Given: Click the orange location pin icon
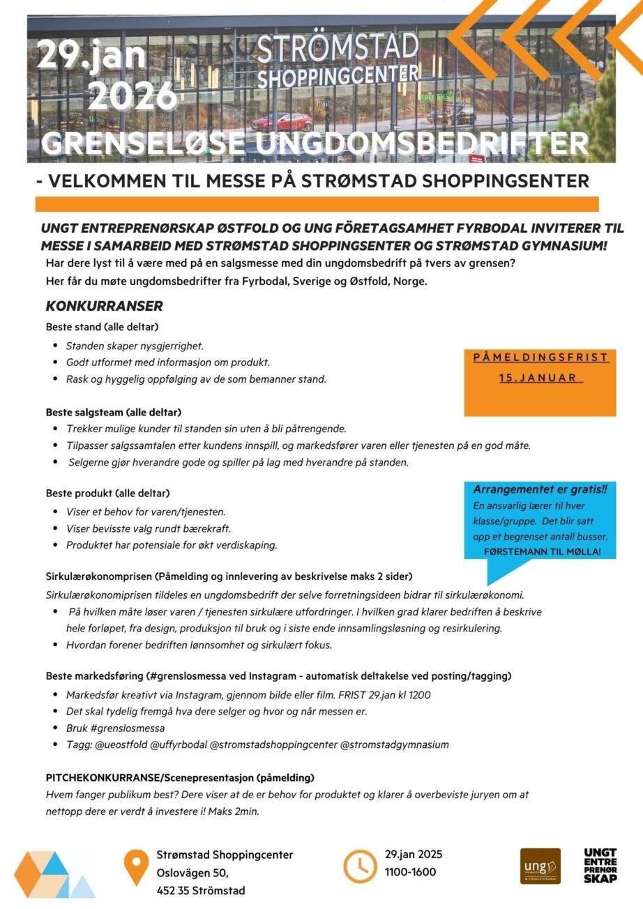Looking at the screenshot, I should click(x=135, y=867).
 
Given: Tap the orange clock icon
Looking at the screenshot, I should click(x=360, y=866).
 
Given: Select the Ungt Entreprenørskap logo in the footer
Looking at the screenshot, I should click(x=600, y=866).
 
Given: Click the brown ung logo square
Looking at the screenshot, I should click(x=540, y=866).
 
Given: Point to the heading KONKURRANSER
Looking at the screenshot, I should click(x=104, y=306).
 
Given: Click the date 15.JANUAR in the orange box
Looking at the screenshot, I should click(x=540, y=378).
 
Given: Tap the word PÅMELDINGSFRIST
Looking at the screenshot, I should click(x=540, y=358).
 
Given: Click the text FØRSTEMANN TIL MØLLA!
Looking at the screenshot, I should click(x=542, y=552).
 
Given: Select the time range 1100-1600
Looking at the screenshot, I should click(x=410, y=871).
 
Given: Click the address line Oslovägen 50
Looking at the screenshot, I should click(x=192, y=872).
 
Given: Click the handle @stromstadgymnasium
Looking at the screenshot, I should click(x=394, y=744).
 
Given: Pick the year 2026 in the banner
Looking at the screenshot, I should click(x=133, y=96).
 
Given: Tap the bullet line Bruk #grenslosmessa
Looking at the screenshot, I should click(x=115, y=728).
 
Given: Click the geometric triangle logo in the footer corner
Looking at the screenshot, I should click(x=54, y=873).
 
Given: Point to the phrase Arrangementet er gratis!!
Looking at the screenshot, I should click(x=540, y=489).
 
